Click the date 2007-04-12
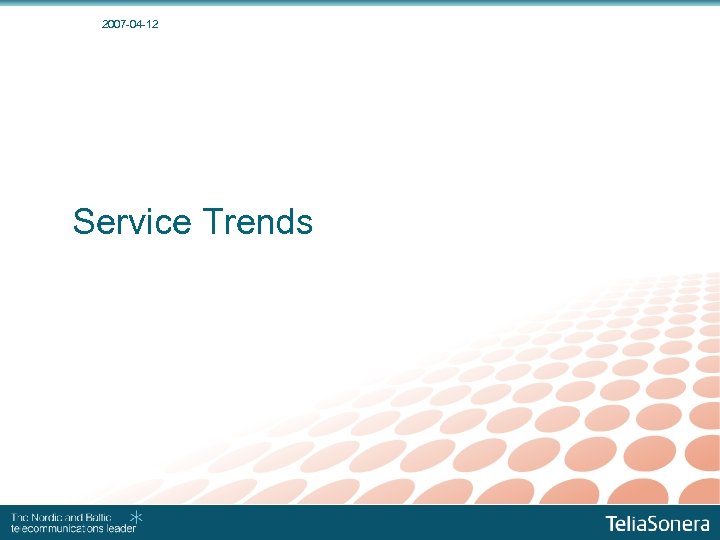[x=130, y=23]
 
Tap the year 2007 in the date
[x=114, y=23]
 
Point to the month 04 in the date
[x=133, y=23]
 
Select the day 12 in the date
[x=151, y=23]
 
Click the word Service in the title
[x=132, y=221]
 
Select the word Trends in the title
[x=257, y=221]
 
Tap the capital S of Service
[x=84, y=221]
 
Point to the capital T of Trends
[x=211, y=221]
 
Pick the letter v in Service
[x=144, y=223]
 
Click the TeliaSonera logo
[x=657, y=523]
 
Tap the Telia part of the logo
[x=627, y=523]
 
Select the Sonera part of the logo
[x=680, y=523]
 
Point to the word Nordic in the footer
[x=46, y=517]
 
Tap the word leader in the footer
[x=120, y=528]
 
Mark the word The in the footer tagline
[x=19, y=517]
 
